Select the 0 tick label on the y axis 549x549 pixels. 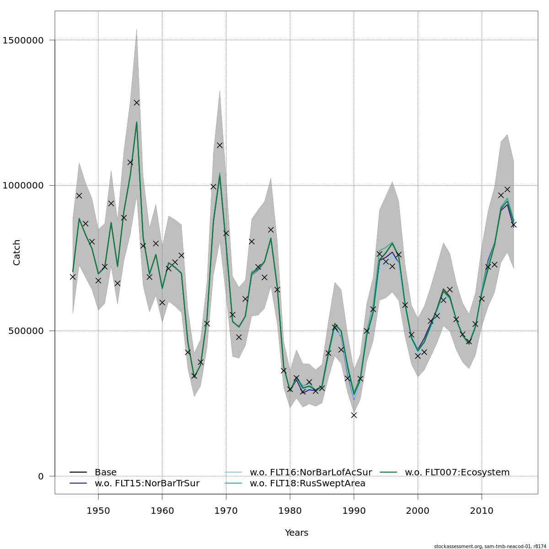pyautogui.click(x=41, y=476)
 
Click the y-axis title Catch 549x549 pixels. pyautogui.click(x=17, y=252)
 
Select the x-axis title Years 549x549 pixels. pyautogui.click(x=296, y=533)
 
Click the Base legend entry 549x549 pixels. pyautogui.click(x=105, y=472)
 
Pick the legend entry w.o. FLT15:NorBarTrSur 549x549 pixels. pyautogui.click(x=147, y=483)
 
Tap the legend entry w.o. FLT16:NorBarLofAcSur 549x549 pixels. pyautogui.click(x=311, y=472)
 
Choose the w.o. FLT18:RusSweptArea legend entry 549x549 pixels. pyautogui.click(x=307, y=483)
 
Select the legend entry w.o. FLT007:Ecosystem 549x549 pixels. pyautogui.click(x=457, y=472)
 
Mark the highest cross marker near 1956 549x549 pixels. pyautogui.click(x=136, y=102)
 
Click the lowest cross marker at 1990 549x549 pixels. pyautogui.click(x=354, y=415)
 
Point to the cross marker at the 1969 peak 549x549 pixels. pyautogui.click(x=220, y=145)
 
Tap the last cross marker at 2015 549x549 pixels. pyautogui.click(x=513, y=225)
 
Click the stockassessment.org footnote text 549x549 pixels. pyautogui.click(x=490, y=546)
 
